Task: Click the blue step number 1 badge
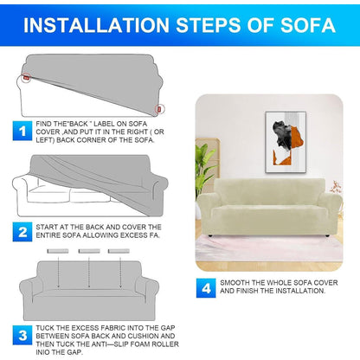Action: pos(22,131)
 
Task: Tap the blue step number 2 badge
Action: pos(22,232)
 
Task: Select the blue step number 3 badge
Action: pos(22,335)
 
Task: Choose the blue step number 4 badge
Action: pos(206,288)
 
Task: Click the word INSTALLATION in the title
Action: pos(96,25)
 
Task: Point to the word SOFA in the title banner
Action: pos(308,25)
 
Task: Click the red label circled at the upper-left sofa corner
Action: pos(27,77)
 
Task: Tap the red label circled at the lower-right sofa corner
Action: pos(159,109)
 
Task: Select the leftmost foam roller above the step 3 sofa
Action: pos(58,251)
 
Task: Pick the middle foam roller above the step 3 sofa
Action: pos(89,251)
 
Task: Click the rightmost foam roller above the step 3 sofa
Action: pos(119,251)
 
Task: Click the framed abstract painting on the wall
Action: pos(286,142)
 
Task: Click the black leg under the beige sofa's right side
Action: pos(326,236)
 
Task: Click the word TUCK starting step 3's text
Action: pos(44,328)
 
